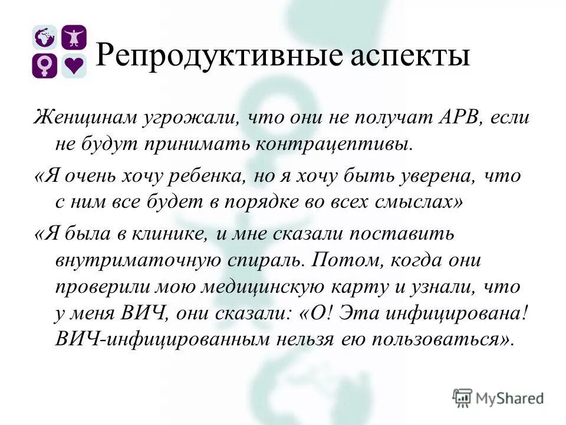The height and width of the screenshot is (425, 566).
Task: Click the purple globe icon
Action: [x=44, y=38]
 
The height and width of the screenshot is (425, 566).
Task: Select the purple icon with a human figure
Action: [x=74, y=38]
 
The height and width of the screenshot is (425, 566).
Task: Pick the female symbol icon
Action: [x=44, y=66]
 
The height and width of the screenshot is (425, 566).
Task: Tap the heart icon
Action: [x=74, y=66]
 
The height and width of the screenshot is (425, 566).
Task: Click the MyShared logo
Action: [x=498, y=397]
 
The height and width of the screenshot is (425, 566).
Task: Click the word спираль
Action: [x=262, y=260]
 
